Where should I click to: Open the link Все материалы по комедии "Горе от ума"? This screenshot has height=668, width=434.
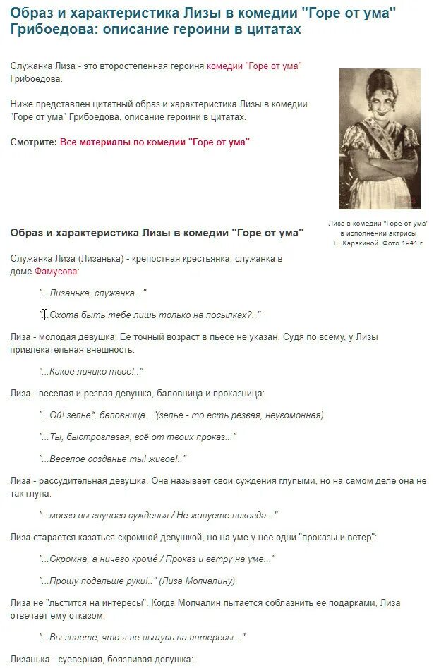tap(155, 142)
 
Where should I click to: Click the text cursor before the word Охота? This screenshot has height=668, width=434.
tap(44, 315)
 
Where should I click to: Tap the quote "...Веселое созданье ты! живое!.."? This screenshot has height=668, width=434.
tap(113, 459)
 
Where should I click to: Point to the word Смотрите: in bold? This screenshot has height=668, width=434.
tap(33, 142)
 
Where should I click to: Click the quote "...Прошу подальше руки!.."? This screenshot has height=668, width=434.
tap(97, 581)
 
